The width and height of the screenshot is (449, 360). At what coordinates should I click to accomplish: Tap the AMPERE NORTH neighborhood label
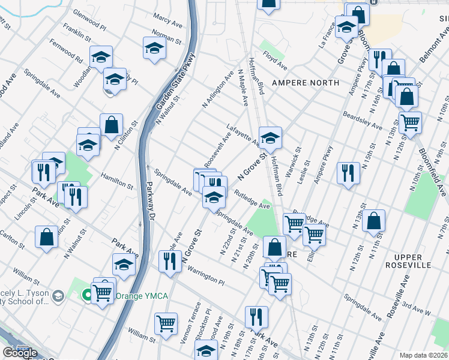305,82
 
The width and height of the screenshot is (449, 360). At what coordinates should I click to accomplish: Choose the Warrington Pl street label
204,274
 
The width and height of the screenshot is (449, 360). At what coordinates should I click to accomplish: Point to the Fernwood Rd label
67,52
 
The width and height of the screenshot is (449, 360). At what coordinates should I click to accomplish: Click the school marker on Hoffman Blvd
270,137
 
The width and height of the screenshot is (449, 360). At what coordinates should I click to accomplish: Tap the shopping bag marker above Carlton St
46,238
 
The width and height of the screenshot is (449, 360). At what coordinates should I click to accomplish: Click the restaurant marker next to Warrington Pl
170,261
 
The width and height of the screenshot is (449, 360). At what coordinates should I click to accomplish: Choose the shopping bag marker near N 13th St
373,221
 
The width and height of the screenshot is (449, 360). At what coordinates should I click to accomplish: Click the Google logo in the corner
20,353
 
